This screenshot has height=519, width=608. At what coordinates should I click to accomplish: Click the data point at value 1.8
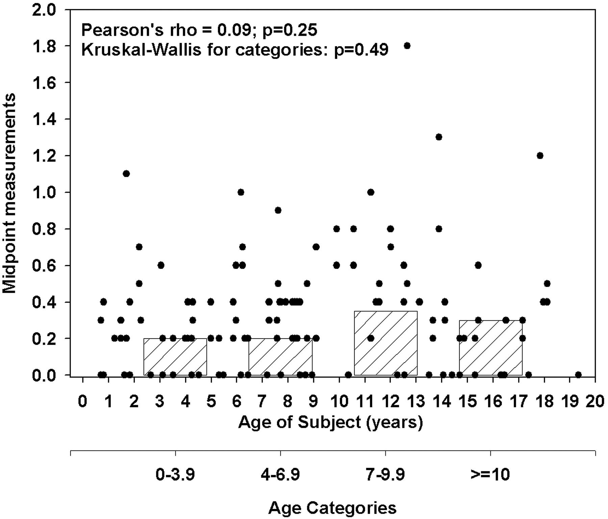click(407, 46)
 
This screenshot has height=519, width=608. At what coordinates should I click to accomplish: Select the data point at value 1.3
click(439, 137)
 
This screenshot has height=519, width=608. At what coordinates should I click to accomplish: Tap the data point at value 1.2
click(540, 155)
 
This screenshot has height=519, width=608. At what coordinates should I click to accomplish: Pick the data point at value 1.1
click(126, 174)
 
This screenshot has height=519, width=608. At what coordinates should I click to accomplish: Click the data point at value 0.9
click(278, 211)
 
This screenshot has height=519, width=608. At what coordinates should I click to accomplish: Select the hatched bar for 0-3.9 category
click(175, 357)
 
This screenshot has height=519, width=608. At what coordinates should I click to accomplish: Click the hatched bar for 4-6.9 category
click(280, 357)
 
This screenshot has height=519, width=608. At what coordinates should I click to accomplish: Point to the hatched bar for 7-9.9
click(385, 343)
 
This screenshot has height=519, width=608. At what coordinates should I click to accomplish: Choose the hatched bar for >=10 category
click(490, 348)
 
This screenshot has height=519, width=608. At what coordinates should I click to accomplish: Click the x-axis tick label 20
click(595, 402)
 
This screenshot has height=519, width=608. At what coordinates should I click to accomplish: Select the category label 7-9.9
click(385, 475)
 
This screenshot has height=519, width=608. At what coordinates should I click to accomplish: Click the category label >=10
click(490, 475)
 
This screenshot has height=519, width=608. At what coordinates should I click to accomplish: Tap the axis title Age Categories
click(332, 508)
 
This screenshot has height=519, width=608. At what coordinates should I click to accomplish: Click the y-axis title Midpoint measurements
click(9, 193)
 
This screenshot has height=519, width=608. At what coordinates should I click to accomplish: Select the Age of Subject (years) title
click(331, 422)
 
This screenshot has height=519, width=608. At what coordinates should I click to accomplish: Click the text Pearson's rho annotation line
click(199, 31)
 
